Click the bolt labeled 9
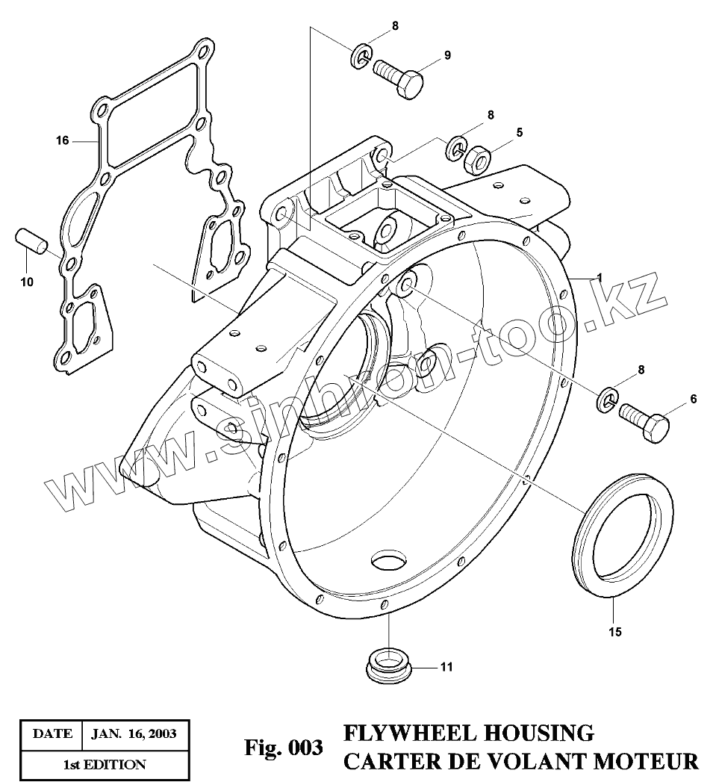point(398,76)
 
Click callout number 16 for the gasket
point(62,140)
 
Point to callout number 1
point(597,278)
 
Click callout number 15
point(614,632)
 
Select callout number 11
point(446,667)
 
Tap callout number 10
point(25,282)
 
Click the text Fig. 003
point(284,747)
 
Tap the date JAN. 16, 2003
point(134,733)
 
